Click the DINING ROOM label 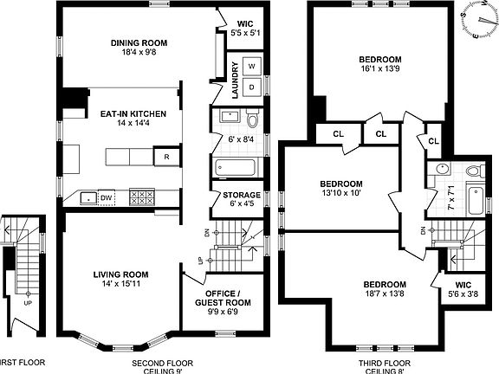[x=139, y=42]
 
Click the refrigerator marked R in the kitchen [x=165, y=157]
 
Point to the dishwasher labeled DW [x=106, y=198]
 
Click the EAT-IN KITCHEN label [x=126, y=113]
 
